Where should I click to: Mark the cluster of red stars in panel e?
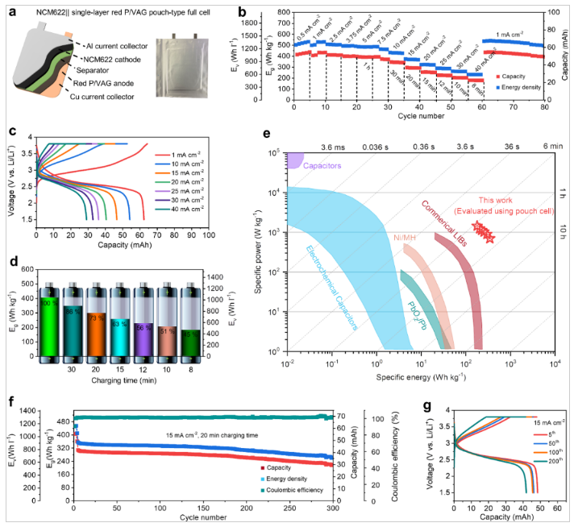482,232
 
